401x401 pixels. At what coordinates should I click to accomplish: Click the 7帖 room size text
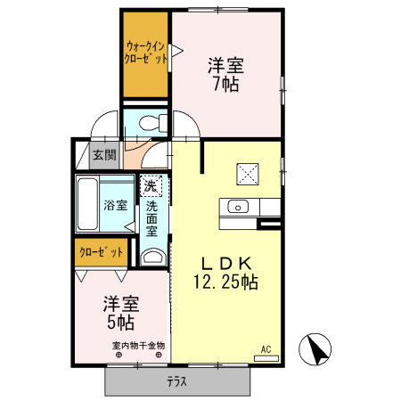226,85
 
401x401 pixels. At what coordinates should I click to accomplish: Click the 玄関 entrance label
104,155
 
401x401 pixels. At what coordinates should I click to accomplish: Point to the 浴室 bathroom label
114,205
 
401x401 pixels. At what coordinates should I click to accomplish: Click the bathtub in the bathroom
87,205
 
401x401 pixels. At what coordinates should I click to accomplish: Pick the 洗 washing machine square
151,186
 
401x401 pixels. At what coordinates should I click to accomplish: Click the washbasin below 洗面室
152,258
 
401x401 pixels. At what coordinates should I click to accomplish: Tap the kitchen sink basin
238,207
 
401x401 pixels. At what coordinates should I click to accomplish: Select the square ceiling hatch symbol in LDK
246,173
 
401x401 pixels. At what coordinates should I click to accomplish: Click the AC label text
266,348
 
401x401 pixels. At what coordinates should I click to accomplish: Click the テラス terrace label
176,383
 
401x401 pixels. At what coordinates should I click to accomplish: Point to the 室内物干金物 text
138,345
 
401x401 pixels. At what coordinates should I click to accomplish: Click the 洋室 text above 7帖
226,66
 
